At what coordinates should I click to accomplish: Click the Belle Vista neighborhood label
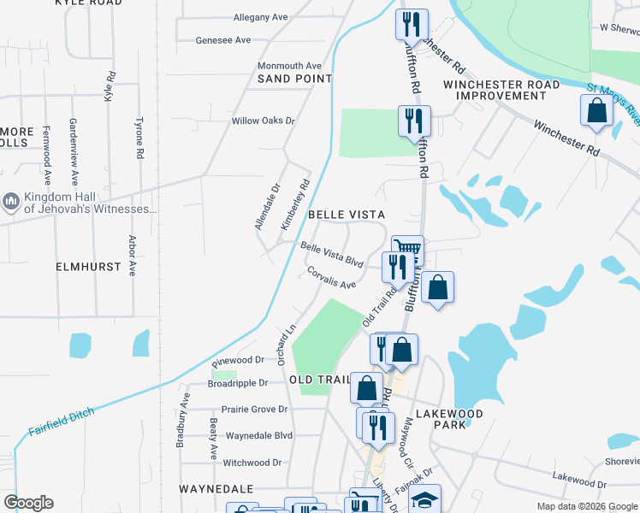point(346,214)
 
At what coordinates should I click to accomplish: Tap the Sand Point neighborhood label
point(294,79)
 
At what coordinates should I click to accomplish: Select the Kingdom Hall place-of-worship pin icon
point(11,201)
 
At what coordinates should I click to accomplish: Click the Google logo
point(28,503)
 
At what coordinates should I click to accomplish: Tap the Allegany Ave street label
point(260,17)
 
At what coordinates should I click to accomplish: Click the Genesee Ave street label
point(223,40)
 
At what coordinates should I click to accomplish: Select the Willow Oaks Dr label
point(263,121)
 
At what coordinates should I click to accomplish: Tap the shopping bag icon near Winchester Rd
point(596,110)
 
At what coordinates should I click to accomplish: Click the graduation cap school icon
point(424,501)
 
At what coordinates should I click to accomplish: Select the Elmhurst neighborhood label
point(88,267)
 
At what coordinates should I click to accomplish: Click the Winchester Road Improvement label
point(501,90)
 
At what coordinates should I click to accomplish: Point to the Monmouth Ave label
point(289,66)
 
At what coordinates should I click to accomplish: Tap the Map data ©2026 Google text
point(586,506)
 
